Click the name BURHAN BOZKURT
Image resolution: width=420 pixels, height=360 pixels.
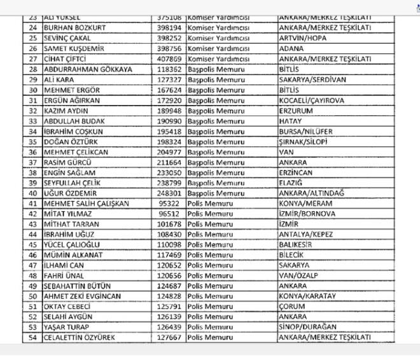click(x=74, y=27)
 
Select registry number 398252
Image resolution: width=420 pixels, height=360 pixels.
click(x=168, y=38)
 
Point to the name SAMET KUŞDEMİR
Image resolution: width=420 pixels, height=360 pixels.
click(x=74, y=48)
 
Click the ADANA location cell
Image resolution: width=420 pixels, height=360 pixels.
click(x=291, y=48)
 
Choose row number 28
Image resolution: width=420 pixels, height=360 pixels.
click(x=32, y=69)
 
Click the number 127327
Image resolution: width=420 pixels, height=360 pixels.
click(x=168, y=80)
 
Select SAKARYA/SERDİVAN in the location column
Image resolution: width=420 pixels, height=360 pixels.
click(x=311, y=80)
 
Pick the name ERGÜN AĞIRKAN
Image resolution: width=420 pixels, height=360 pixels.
click(x=72, y=100)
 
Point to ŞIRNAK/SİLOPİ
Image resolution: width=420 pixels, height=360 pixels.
click(x=302, y=142)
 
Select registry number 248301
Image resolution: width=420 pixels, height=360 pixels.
click(x=168, y=193)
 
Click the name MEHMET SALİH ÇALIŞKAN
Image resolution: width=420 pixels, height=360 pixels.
click(x=86, y=203)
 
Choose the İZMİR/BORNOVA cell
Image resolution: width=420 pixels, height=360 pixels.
click(x=305, y=214)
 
